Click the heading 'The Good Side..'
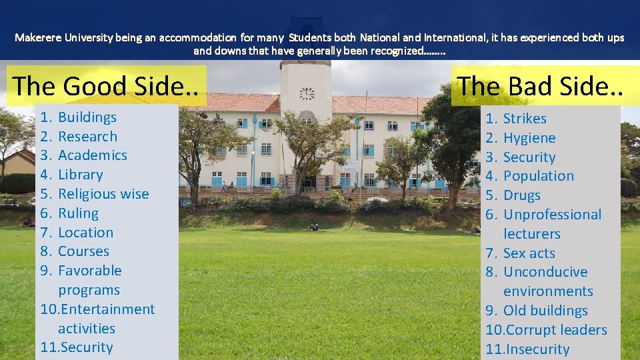[106, 86]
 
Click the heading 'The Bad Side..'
[540, 85]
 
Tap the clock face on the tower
[307, 93]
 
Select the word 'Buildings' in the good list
[87, 117]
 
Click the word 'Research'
[87, 137]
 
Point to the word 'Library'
[81, 175]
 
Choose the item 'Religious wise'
[103, 194]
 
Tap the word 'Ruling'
[78, 213]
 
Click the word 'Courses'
[83, 251]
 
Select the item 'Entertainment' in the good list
[107, 309]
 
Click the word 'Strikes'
[525, 119]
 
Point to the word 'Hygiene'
[529, 138]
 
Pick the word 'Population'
[539, 176]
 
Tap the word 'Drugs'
[522, 195]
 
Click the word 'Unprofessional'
[552, 215]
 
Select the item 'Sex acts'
[529, 253]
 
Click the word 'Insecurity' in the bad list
[536, 349]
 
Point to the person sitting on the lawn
[314, 227]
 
